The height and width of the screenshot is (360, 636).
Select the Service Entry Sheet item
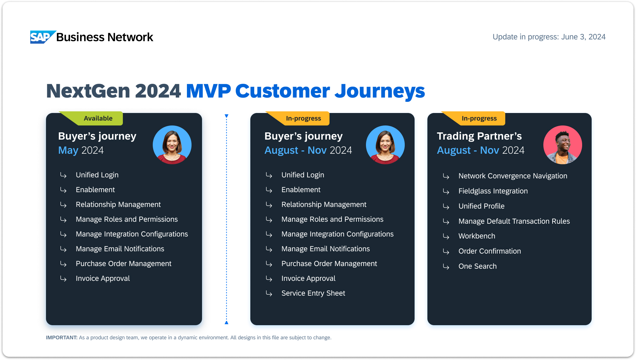(x=313, y=293)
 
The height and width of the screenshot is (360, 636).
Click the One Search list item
(x=477, y=266)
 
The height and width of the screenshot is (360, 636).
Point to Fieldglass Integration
(x=493, y=191)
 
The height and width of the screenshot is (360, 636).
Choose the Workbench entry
(x=477, y=236)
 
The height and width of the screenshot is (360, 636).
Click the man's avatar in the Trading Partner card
(x=562, y=145)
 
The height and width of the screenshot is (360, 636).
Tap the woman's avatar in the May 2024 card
(x=172, y=145)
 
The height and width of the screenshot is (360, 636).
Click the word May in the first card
(x=68, y=150)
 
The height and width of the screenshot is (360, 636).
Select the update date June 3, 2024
(x=583, y=37)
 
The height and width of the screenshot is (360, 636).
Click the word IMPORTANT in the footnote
(x=62, y=338)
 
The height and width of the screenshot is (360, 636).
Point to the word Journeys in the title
(x=380, y=91)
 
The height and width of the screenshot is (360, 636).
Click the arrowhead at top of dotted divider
(x=226, y=116)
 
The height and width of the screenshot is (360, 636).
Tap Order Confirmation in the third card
(x=489, y=251)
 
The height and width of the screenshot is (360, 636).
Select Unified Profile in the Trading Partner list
(x=481, y=206)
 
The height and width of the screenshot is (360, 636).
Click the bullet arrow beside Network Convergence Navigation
(x=446, y=176)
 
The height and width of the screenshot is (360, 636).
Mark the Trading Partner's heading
(x=479, y=136)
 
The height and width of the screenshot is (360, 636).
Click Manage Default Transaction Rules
(x=514, y=221)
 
